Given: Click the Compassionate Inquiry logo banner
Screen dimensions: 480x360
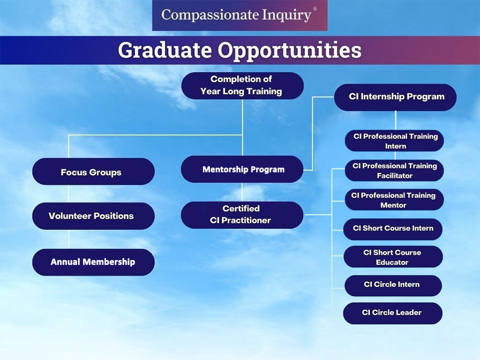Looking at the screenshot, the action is [x=239, y=15].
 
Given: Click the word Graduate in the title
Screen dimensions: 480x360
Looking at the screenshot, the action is [x=164, y=50].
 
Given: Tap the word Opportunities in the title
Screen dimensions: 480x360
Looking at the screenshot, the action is [x=289, y=50].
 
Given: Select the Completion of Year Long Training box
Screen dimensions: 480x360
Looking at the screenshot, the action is [x=242, y=85].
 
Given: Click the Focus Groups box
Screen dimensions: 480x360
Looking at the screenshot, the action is [x=93, y=171].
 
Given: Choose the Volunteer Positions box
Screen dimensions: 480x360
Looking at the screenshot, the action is [x=93, y=216].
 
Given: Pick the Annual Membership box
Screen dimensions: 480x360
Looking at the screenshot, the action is [x=93, y=262].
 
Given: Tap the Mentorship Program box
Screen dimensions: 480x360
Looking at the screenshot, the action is [x=242, y=169].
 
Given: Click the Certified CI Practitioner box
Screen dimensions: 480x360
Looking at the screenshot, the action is [x=242, y=215].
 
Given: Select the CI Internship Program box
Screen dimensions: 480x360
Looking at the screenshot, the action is [x=395, y=97].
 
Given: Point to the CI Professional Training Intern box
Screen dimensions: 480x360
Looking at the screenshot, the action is [x=394, y=141].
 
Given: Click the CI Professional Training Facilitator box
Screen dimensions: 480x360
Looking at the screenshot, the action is [x=394, y=170].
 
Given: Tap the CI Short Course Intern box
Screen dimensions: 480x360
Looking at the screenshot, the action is [x=393, y=229].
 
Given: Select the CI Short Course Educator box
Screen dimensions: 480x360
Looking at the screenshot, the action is [x=393, y=256].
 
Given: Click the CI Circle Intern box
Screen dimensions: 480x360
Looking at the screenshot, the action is [x=393, y=285].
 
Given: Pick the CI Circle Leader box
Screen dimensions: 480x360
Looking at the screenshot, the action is [x=393, y=313].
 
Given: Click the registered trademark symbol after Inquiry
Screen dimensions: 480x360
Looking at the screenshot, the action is [x=315, y=9].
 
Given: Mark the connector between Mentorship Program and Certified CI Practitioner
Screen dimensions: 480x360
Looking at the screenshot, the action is [x=242, y=192].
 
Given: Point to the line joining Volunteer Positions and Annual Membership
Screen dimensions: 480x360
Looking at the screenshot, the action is [x=69, y=239].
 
